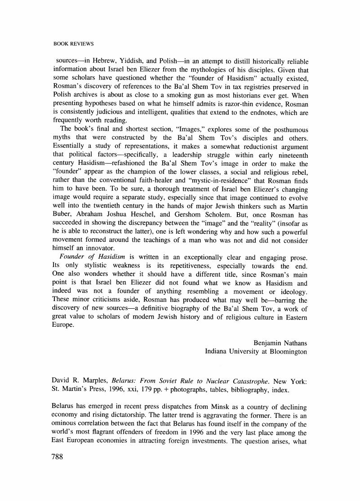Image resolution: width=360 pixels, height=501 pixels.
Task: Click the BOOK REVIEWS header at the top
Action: point(73,44)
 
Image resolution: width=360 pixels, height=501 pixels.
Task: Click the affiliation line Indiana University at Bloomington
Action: point(256,351)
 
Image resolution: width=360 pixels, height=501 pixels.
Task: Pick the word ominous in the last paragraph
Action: point(67,423)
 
